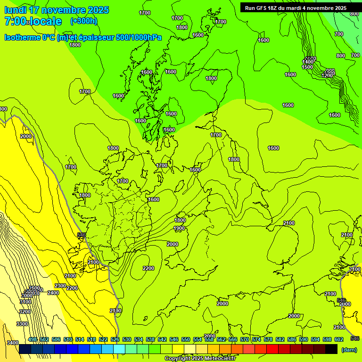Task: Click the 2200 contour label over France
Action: click(148, 268)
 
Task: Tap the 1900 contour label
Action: click(179, 228)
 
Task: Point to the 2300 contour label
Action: click(60, 286)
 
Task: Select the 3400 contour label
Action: click(13, 343)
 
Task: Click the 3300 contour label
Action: click(22, 324)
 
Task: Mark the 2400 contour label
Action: click(53, 293)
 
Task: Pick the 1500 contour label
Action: click(307, 67)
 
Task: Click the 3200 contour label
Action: click(25, 312)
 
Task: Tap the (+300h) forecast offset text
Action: click(83, 21)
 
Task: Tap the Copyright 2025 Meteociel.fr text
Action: click(200, 359)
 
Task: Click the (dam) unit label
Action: click(349, 350)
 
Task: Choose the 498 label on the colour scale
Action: click(33, 339)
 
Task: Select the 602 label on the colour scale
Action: click(339, 339)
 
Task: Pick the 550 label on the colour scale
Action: click(186, 339)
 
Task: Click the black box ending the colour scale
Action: click(331, 349)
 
